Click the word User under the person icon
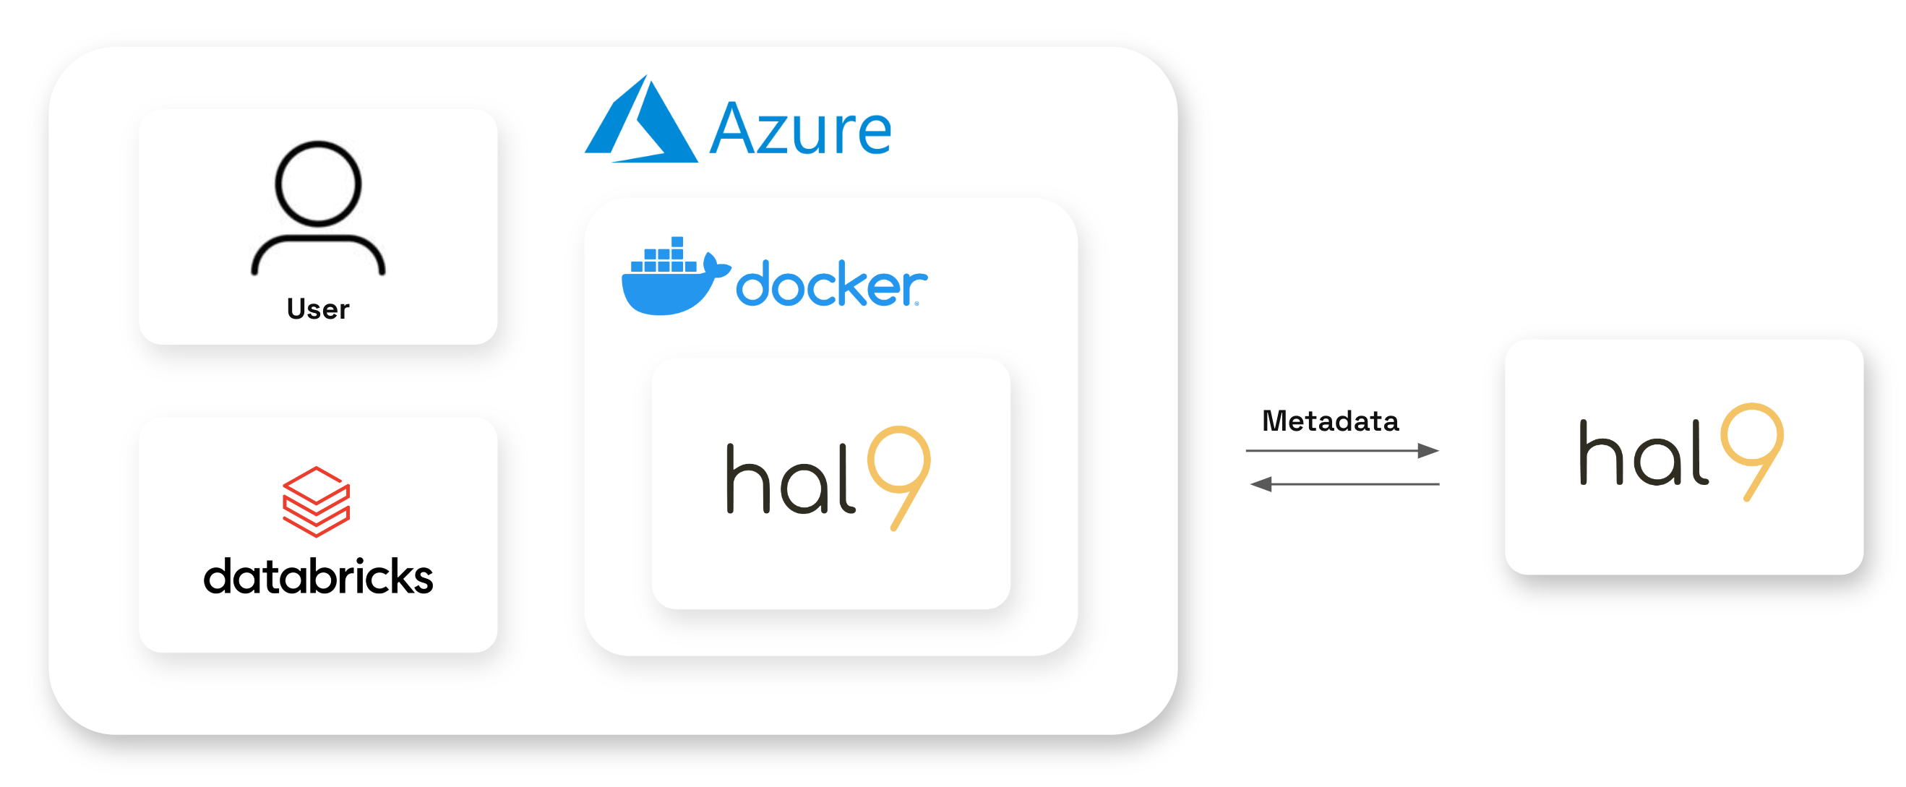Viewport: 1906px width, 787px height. point(317,309)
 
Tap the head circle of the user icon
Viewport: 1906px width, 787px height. point(318,184)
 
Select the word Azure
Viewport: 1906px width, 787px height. point(801,130)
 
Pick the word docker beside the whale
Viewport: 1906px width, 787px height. point(830,284)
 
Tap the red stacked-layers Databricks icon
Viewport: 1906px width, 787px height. point(316,502)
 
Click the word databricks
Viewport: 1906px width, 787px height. point(318,577)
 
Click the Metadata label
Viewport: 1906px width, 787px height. point(1330,421)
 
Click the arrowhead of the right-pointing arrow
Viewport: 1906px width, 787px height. point(1428,450)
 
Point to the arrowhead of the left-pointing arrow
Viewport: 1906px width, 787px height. point(1261,484)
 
